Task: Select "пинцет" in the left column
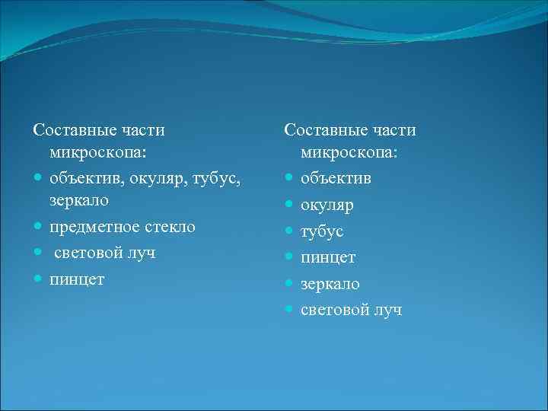point(77,279)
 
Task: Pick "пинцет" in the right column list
point(328,257)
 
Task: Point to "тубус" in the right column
point(322,231)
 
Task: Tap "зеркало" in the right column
point(330,284)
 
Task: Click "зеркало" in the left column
point(79,200)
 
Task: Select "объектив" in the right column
point(336,179)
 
